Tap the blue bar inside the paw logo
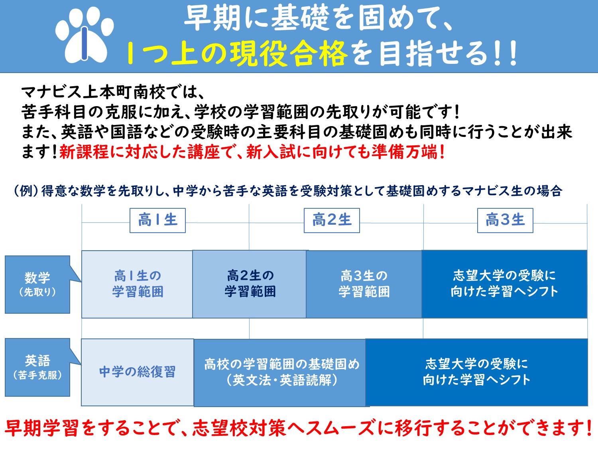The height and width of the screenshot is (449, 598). [x=85, y=43]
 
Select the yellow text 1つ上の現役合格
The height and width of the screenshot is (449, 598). [x=236, y=53]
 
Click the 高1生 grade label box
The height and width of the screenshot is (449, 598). [x=157, y=220]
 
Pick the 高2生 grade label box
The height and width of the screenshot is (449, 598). [x=332, y=220]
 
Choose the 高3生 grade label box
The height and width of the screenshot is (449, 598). [x=505, y=220]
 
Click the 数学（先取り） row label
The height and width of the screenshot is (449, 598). [x=37, y=284]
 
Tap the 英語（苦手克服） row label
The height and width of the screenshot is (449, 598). [x=37, y=367]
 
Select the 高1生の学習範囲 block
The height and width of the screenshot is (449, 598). [x=137, y=284]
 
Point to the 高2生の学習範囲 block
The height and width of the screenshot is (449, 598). [x=249, y=284]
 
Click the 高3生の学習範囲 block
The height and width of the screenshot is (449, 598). [x=364, y=284]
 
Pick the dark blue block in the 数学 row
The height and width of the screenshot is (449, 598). [x=504, y=284]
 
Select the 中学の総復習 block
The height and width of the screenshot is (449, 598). [x=137, y=372]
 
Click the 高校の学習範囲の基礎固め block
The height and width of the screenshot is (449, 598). [x=280, y=373]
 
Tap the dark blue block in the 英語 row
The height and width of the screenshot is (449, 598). [x=476, y=372]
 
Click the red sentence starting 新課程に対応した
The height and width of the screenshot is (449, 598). [x=252, y=152]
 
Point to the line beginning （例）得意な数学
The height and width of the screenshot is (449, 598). [x=288, y=190]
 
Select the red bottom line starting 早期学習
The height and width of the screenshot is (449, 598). [x=299, y=428]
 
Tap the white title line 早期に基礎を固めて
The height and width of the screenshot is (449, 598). [x=319, y=18]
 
